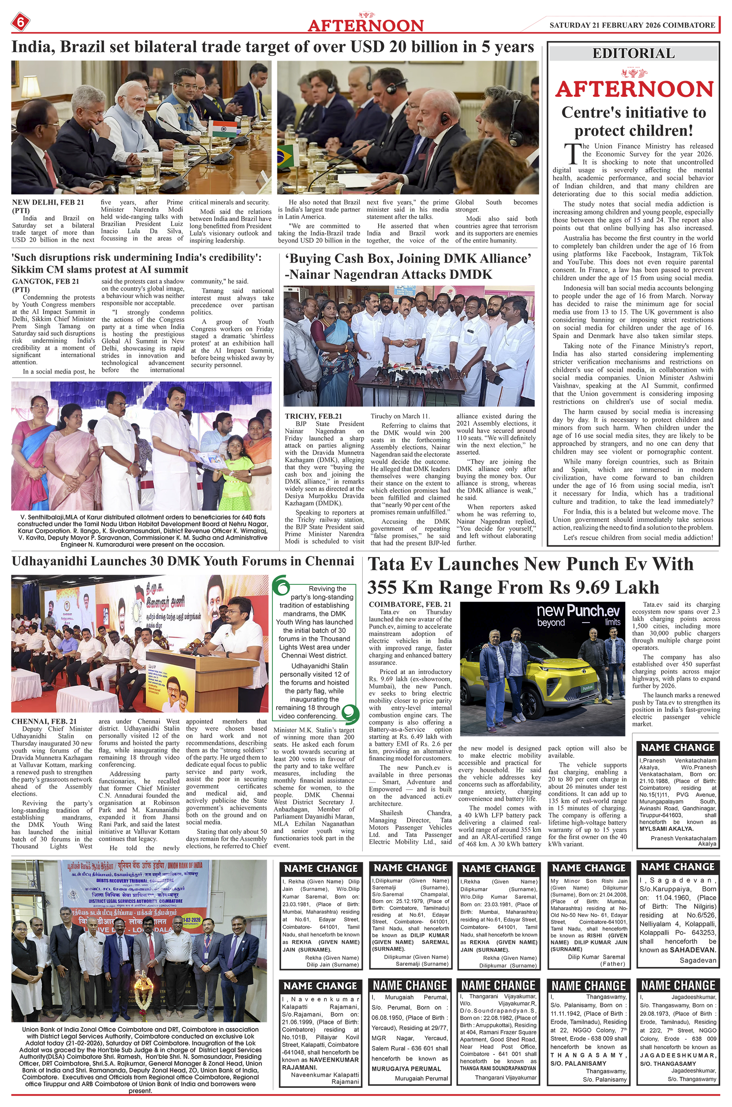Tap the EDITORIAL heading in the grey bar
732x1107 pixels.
[633, 53]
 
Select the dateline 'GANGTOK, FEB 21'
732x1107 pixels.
[45, 281]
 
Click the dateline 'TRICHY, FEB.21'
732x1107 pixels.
[313, 416]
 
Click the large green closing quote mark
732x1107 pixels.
[349, 711]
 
